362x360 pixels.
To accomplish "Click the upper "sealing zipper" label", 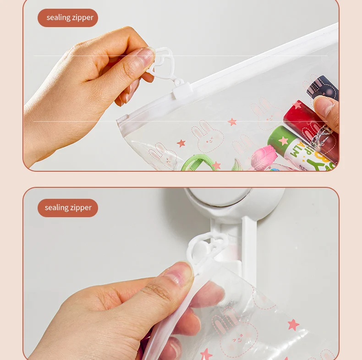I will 68,18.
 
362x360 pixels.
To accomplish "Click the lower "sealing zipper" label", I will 68,208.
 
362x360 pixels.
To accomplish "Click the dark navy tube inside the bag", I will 323,87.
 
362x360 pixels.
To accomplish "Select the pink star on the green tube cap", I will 283,141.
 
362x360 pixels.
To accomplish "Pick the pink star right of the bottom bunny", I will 293,325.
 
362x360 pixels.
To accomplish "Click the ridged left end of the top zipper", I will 122,119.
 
